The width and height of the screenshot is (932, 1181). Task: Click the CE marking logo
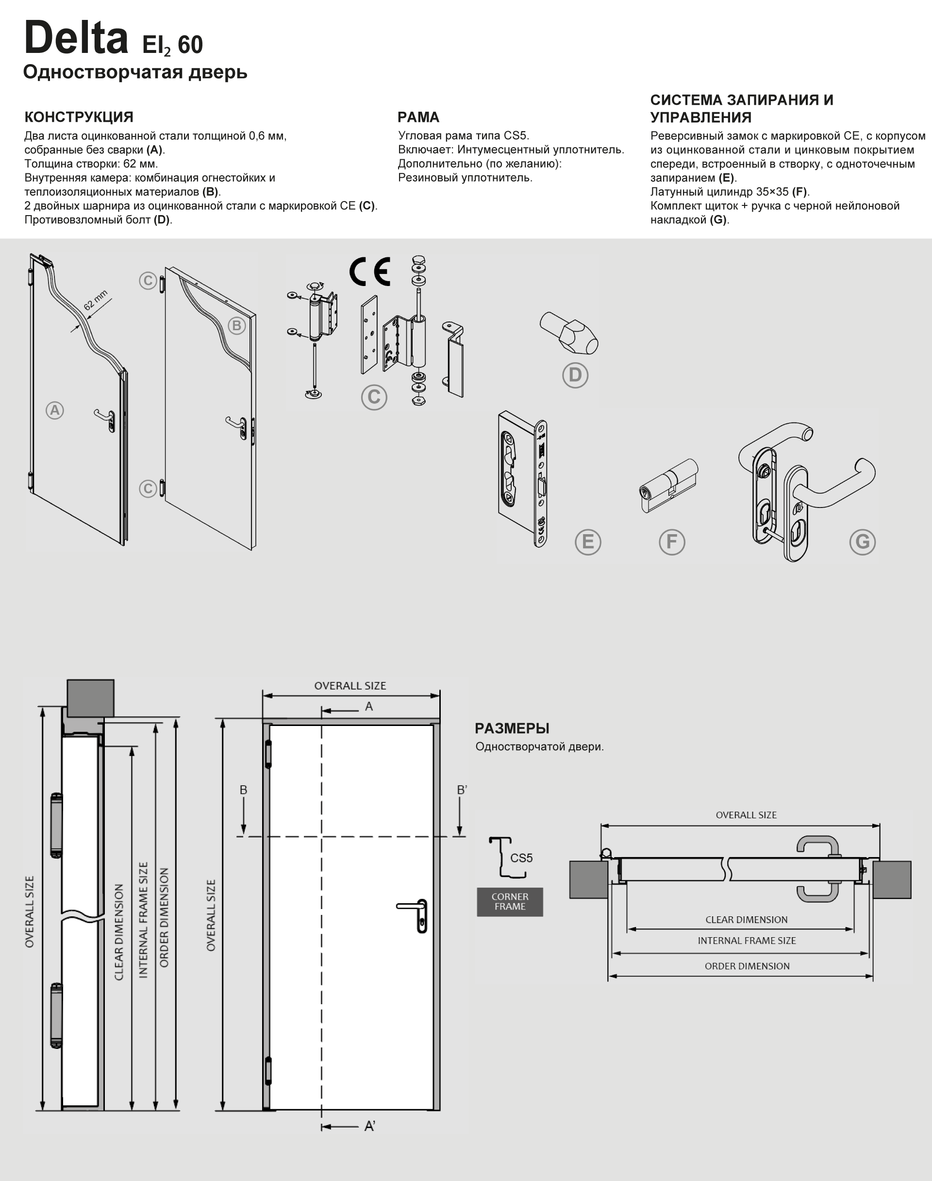click(x=370, y=271)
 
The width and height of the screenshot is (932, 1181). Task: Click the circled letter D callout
click(x=575, y=375)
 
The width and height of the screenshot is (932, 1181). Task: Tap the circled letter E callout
click(x=588, y=542)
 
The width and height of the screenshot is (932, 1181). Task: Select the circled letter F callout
click(x=672, y=542)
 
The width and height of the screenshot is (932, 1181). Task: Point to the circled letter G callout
click(x=862, y=542)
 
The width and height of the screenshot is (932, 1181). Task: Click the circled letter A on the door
click(x=54, y=410)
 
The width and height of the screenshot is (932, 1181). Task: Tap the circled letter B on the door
click(x=236, y=326)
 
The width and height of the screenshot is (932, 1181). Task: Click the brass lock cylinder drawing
click(x=668, y=485)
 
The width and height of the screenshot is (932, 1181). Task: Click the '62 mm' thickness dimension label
click(x=96, y=300)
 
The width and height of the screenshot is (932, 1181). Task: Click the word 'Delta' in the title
click(x=76, y=38)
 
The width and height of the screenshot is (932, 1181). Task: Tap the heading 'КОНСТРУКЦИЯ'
click(x=79, y=117)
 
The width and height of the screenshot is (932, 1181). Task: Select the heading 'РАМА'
click(x=418, y=117)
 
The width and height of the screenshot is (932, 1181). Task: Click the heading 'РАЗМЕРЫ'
click(x=512, y=728)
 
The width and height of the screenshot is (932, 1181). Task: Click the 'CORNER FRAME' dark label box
click(x=510, y=902)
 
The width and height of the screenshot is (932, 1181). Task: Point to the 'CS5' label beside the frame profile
click(x=521, y=858)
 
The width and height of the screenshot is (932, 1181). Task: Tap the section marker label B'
click(x=462, y=790)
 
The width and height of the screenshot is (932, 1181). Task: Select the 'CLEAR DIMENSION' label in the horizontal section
click(x=746, y=920)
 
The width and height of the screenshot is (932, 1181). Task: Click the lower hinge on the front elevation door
click(x=268, y=1070)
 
